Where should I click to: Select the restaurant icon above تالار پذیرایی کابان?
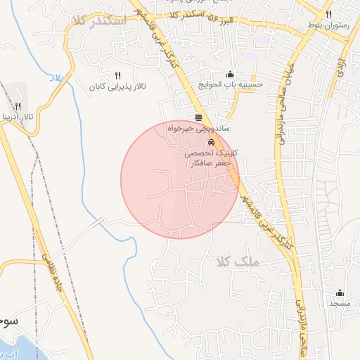click(x=117, y=75)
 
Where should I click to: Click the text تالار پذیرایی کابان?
click(x=117, y=87)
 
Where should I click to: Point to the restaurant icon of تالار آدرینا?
click(x=18, y=105)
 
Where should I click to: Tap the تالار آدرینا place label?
click(x=17, y=115)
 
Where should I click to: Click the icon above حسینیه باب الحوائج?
click(x=230, y=74)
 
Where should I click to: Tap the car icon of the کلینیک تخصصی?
click(x=212, y=141)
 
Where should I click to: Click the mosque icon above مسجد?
click(x=340, y=292)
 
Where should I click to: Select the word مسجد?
click(x=340, y=304)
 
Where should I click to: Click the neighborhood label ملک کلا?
click(x=238, y=262)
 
